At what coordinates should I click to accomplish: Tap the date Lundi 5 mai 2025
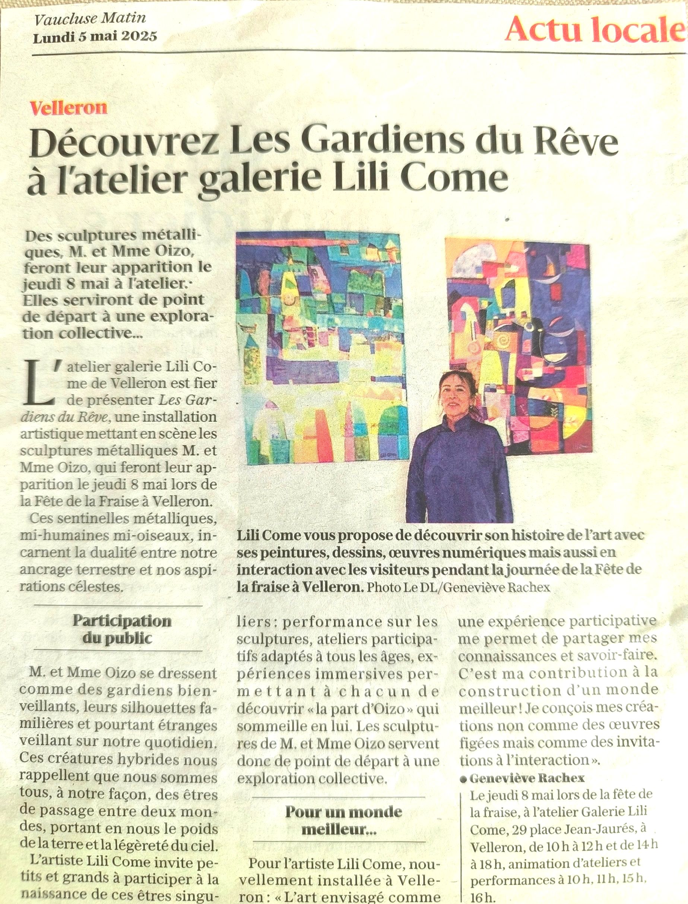[x=95, y=37]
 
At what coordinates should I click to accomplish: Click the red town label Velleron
[x=69, y=108]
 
